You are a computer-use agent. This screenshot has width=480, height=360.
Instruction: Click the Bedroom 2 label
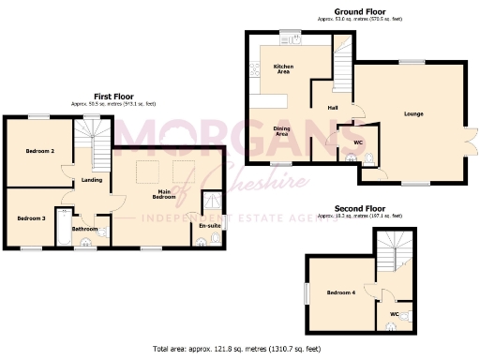(x=39, y=151)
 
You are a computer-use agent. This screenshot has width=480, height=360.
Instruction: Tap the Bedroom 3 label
(x=30, y=218)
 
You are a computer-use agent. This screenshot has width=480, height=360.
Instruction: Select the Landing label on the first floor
(x=92, y=180)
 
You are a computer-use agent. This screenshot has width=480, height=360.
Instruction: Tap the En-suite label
(x=208, y=226)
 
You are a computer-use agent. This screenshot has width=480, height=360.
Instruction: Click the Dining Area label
(x=280, y=131)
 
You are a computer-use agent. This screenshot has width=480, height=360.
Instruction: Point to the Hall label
(x=333, y=108)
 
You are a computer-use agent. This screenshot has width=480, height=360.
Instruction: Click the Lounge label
(x=413, y=114)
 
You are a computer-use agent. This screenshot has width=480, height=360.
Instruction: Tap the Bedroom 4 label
(x=339, y=293)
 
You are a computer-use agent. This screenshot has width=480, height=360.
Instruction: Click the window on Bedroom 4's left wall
(x=307, y=292)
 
